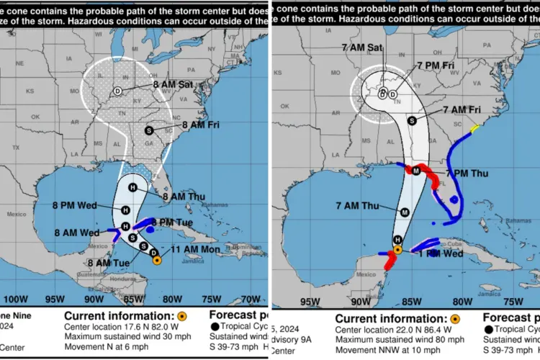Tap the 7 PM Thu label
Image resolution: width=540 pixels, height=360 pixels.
tap(467, 174)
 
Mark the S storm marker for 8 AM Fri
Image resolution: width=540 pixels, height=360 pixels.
tap(149, 130)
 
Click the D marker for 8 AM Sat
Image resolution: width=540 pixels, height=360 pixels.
tap(117, 91)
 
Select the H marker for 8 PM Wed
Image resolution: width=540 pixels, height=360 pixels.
tap(125, 210)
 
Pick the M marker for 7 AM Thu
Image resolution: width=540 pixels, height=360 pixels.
tap(405, 212)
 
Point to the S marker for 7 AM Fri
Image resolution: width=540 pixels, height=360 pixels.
tap(412, 120)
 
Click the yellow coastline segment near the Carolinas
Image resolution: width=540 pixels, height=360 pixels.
tap(474, 130)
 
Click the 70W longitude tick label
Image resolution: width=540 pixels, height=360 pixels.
tap(250, 298)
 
